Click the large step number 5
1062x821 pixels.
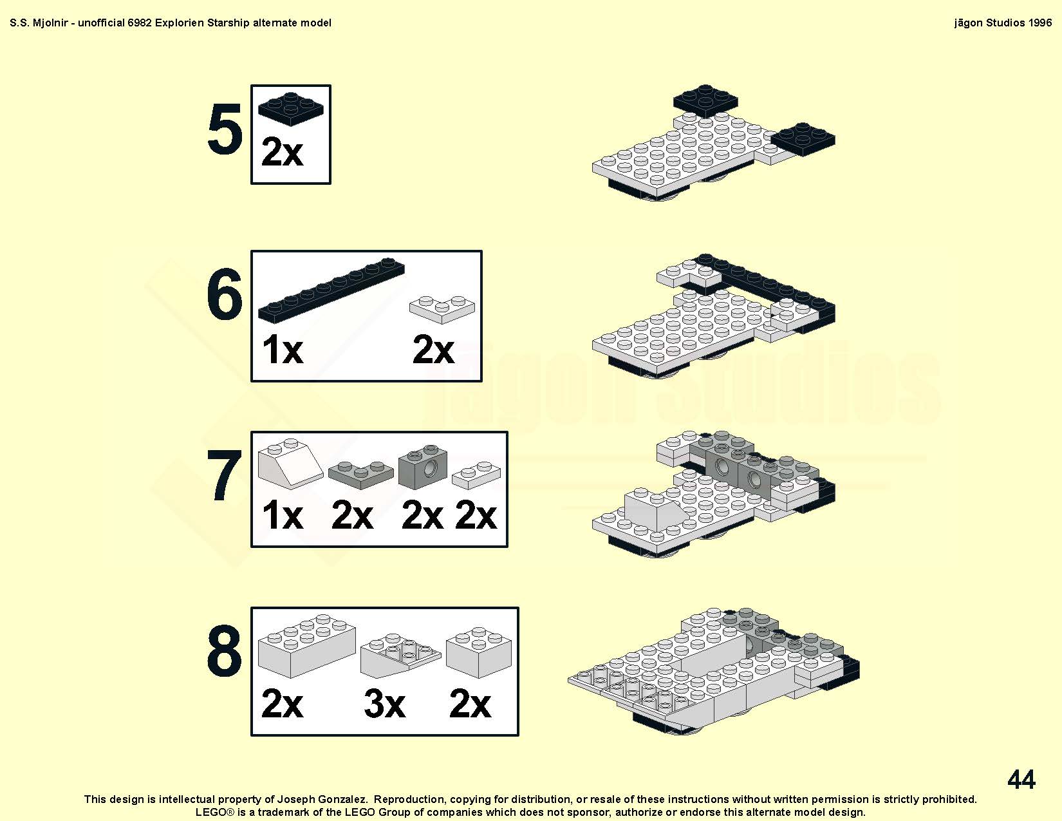(225, 129)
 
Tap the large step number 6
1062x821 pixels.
(225, 294)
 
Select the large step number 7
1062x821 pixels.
(225, 475)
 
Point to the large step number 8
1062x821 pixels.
(225, 651)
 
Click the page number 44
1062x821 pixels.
(1021, 779)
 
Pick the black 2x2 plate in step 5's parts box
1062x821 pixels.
(291, 109)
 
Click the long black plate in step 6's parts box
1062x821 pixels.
(331, 290)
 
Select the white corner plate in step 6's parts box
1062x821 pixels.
(442, 309)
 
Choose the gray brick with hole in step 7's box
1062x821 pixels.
(423, 467)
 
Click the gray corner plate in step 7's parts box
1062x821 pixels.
(360, 475)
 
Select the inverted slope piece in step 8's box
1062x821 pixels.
(401, 656)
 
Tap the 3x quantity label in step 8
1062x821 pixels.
(385, 704)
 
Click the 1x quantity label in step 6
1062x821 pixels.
(283, 349)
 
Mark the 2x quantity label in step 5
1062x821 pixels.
(283, 151)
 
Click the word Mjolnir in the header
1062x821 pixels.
(50, 23)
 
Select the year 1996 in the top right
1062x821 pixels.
(1039, 23)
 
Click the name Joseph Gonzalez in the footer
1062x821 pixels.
(322, 800)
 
